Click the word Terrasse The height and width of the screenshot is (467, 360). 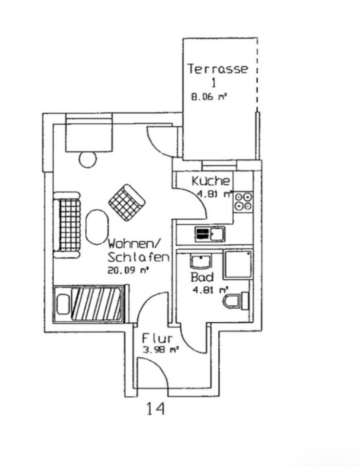pos(217,69)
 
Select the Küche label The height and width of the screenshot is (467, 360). pos(211,181)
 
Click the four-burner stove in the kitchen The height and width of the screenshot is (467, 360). pos(244,201)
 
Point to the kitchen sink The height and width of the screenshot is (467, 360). pos(210,234)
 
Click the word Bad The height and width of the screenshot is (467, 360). pos(202,277)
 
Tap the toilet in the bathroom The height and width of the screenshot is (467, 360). pos(236,301)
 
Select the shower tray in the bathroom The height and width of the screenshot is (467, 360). pos(238,265)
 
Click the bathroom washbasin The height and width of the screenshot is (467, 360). pos(201,261)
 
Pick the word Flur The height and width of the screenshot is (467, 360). pos(157,339)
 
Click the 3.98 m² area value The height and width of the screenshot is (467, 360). pos(161,350)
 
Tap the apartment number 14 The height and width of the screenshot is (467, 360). pos(155,409)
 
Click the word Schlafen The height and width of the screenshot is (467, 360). pos(138,257)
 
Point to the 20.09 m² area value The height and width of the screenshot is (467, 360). pos(128,271)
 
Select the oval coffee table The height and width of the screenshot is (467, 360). pos(97,227)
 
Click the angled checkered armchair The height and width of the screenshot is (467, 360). pos(127,202)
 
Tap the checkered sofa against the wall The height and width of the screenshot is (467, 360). pos(67,225)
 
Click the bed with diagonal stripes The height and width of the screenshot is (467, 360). pos(88,304)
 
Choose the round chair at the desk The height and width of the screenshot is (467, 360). pos(88,159)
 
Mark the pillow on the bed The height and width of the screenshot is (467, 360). pos(63,304)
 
